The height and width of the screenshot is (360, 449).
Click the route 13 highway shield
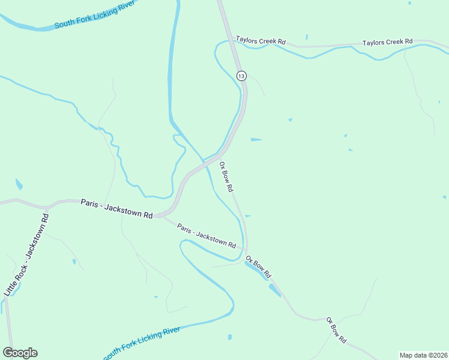tap(241, 76)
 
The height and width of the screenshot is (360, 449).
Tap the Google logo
tap(20, 353)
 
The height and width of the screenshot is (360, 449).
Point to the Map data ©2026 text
tap(423, 355)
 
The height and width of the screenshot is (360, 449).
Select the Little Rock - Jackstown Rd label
tap(27, 253)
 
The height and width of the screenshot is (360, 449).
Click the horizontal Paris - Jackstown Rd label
tap(116, 209)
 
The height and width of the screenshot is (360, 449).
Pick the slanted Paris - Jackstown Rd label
tap(206, 236)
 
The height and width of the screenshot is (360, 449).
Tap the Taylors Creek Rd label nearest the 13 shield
tap(261, 41)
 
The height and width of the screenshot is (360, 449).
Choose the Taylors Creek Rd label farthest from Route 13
tap(387, 43)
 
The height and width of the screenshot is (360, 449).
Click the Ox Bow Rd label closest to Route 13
tap(226, 176)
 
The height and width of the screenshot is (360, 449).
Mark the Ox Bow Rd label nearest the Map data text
tap(336, 330)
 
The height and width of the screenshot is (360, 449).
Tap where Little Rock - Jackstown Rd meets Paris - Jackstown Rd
tap(47, 208)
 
